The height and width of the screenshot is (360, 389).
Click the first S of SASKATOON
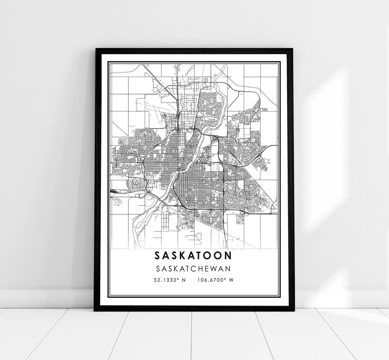[x=158, y=256]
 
